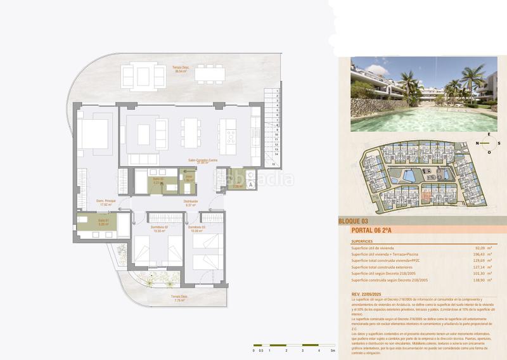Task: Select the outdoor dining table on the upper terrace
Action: coord(210,74)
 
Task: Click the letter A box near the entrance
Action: coord(251,184)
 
